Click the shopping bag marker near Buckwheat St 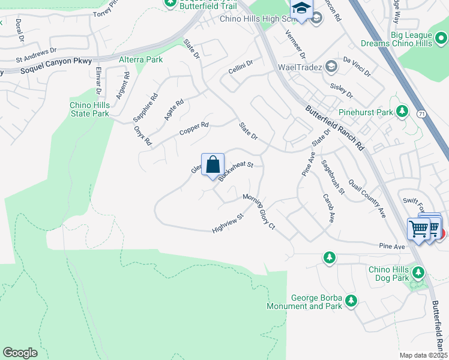(x=212, y=164)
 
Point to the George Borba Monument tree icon (x=351, y=301)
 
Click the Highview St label (x=228, y=224)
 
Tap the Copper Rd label (x=194, y=128)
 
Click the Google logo (x=20, y=352)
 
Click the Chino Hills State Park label (x=89, y=109)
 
